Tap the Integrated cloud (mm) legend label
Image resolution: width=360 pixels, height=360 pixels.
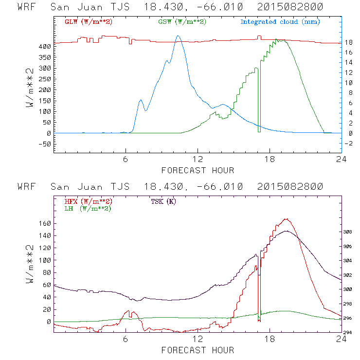pos(280,21)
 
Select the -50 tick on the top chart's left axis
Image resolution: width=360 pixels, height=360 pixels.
pos(44,144)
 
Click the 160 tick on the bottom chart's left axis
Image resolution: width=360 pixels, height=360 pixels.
pos(45,223)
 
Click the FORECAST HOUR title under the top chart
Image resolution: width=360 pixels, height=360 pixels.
pos(197,170)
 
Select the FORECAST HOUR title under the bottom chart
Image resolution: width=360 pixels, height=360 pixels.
pos(197,350)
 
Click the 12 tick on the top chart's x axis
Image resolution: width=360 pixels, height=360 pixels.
pos(198,160)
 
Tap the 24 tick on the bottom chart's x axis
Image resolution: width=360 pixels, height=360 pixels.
pos(341,339)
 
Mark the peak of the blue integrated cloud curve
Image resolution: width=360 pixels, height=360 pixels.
pos(178,36)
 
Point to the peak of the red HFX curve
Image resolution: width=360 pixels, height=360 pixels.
pos(287,219)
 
